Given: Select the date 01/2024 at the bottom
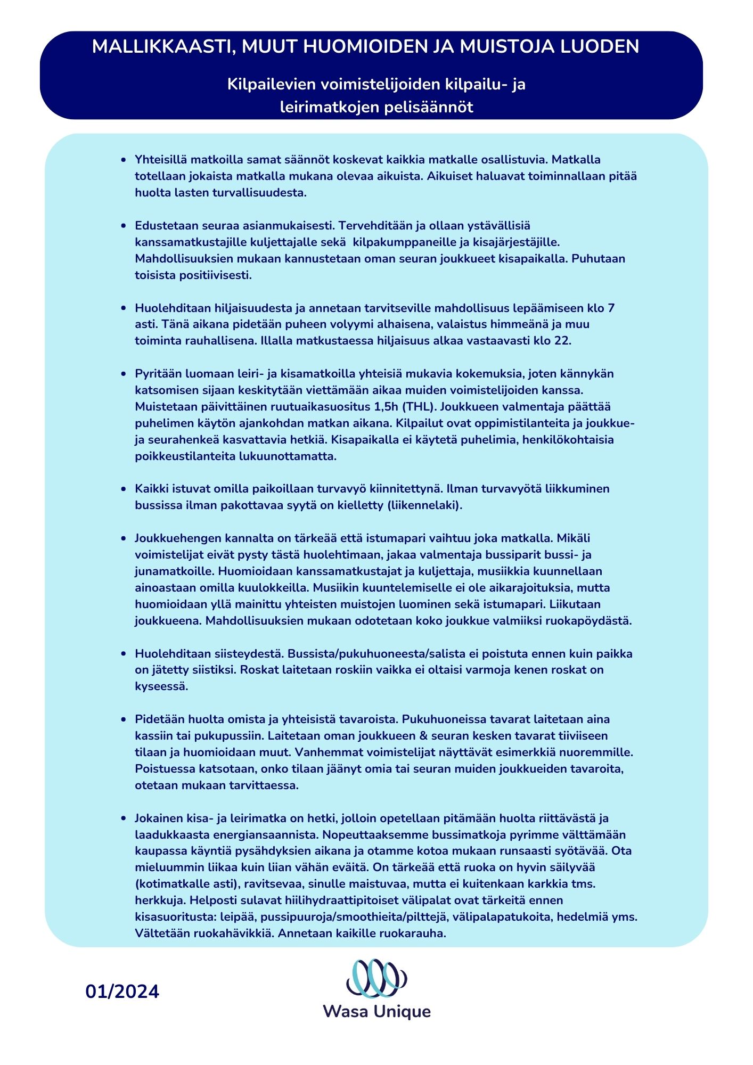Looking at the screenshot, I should point(122,992).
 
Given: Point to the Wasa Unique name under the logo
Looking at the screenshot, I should point(376,1012).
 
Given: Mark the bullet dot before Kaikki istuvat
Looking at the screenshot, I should point(124,489).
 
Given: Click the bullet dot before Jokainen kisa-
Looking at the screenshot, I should point(124,818).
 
